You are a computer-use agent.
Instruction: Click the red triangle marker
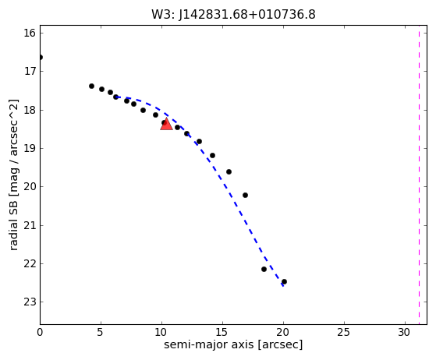click(166, 124)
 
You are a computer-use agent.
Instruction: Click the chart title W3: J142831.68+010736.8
click(233, 15)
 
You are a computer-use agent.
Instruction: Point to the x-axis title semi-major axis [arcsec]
click(233, 344)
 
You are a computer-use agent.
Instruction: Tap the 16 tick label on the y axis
click(30, 33)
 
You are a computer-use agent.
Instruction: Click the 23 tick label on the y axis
click(30, 302)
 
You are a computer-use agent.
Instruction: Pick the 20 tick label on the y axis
click(30, 187)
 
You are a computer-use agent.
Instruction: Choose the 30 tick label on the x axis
click(404, 332)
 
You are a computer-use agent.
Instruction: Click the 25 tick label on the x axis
click(343, 332)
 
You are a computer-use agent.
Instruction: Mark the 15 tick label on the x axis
click(222, 332)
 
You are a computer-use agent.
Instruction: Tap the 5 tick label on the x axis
click(100, 332)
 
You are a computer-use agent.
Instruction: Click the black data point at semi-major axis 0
click(41, 57)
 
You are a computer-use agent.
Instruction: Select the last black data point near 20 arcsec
click(284, 281)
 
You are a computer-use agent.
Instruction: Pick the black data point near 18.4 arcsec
click(264, 269)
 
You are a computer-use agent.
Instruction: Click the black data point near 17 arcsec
click(245, 196)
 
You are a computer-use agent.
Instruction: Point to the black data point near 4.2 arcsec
click(91, 86)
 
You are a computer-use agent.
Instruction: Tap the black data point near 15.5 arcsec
click(229, 172)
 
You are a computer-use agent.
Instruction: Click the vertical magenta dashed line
click(419, 175)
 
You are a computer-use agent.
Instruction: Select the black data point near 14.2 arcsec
click(212, 155)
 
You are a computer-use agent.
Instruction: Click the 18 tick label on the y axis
click(30, 110)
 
